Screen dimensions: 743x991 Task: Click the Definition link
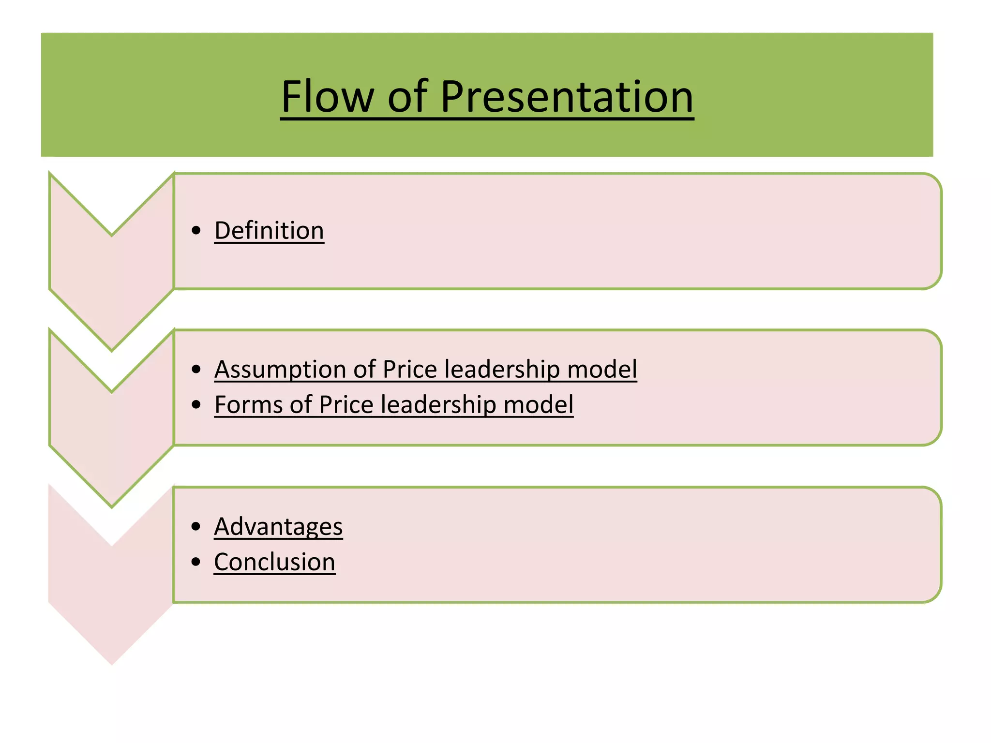[x=269, y=230]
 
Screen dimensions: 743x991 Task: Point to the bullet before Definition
[x=196, y=231]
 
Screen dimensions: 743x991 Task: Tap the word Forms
[x=248, y=404]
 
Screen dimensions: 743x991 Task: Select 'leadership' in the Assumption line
[x=502, y=370]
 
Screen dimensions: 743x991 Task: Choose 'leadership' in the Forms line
[x=438, y=404]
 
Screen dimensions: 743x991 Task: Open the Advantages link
[x=278, y=526]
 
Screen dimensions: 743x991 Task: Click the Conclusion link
[x=274, y=562]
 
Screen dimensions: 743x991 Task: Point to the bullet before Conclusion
[x=196, y=562]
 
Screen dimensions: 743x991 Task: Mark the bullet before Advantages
[x=196, y=526]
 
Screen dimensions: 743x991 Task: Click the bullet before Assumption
[x=196, y=370]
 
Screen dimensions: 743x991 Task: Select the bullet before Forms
[x=196, y=404]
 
